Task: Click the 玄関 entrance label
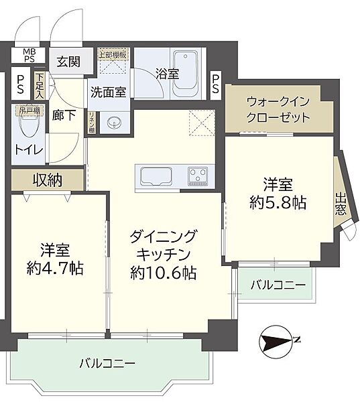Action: click(68, 62)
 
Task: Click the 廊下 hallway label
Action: click(62, 114)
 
